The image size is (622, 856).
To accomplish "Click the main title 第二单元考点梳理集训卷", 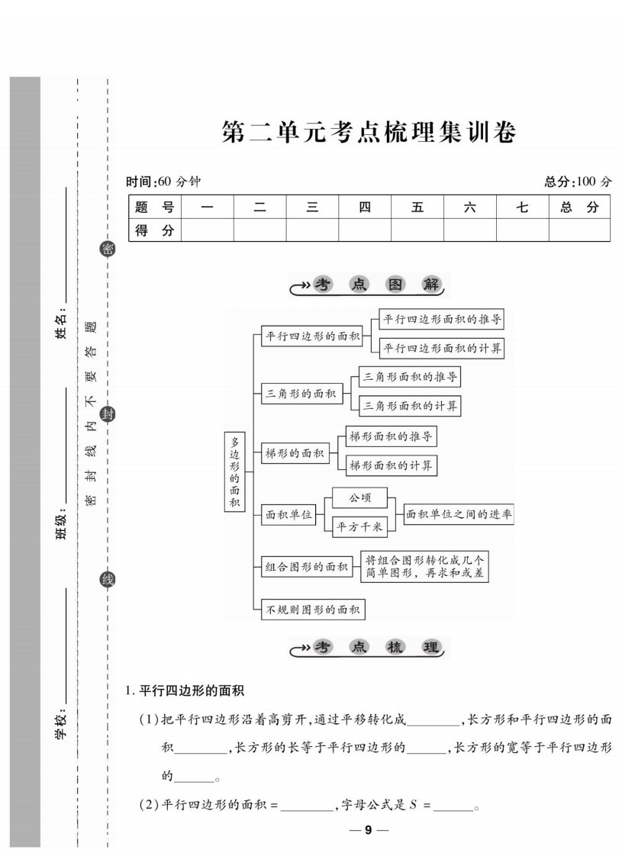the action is (369, 132).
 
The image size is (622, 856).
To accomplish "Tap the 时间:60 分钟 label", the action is (163, 182).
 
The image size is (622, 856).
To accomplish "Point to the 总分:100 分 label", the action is (578, 182).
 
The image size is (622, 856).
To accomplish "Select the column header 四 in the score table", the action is (365, 207).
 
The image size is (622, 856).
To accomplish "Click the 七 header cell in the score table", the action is (522, 207).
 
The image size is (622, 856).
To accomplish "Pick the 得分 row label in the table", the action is (154, 230).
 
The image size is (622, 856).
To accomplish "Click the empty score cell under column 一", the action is (207, 230).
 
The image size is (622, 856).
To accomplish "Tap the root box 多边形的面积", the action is (235, 471).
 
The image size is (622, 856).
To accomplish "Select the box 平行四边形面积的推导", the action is (441, 320).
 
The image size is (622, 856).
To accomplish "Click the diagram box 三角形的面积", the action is (301, 394).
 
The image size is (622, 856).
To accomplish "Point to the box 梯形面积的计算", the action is (391, 465).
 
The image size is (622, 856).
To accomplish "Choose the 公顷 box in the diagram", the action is (360, 498).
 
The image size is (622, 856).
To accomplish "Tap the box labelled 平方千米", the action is (360, 527).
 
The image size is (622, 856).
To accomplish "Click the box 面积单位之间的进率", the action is (459, 514).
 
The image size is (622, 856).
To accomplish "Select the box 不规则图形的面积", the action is (313, 610).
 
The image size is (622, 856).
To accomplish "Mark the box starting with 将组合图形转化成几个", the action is (424, 567).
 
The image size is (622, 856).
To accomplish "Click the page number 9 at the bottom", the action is (369, 830).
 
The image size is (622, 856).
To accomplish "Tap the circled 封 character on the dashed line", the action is (108, 414).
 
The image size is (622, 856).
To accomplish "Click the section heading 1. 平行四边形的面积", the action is (185, 690).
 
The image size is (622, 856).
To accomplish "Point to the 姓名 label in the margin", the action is (61, 323).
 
